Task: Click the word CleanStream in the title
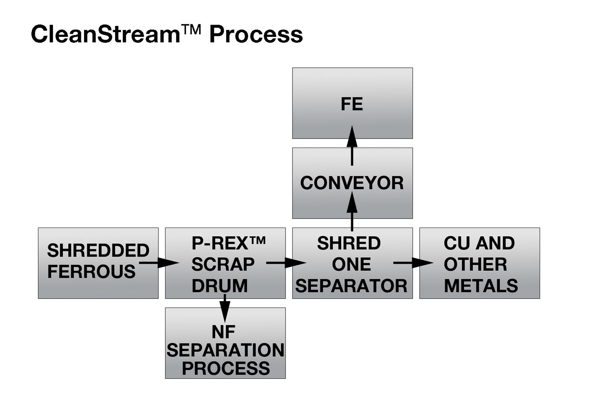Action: click(106, 34)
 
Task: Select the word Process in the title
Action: click(256, 35)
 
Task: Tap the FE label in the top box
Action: click(352, 104)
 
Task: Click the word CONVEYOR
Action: click(352, 183)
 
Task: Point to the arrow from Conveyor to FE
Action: click(352, 146)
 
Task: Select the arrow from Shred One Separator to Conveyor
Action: click(352, 211)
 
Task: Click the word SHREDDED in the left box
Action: click(98, 250)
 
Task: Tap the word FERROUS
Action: click(91, 272)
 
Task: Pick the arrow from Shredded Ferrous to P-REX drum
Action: click(159, 263)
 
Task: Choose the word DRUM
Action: click(220, 286)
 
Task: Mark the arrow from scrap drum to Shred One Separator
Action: click(286, 263)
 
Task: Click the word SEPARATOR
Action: click(351, 286)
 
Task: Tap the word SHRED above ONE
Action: click(349, 243)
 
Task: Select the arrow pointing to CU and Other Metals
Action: click(413, 263)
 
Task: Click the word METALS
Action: click(481, 286)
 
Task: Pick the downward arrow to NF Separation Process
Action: click(225, 308)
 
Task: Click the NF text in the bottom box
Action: click(223, 332)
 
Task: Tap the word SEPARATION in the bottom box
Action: click(226, 350)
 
